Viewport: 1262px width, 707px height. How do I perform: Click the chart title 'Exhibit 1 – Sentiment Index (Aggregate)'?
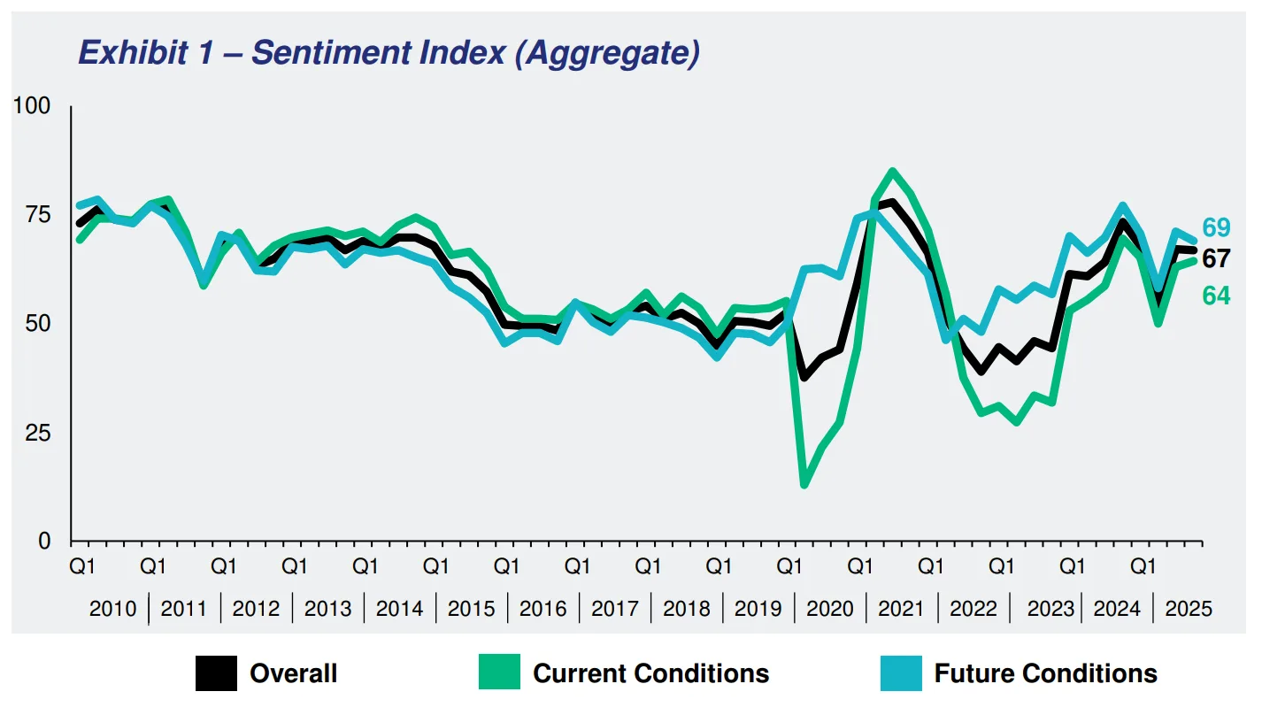pos(389,53)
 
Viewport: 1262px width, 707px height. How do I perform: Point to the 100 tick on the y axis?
pos(31,107)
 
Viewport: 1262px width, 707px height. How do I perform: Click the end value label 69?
pos(1216,227)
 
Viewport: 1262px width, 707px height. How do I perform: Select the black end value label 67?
pos(1216,258)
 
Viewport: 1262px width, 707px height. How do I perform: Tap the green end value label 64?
pos(1216,296)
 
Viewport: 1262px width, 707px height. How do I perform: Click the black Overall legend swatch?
pos(216,673)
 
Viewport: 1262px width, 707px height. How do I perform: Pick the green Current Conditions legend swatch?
pos(499,673)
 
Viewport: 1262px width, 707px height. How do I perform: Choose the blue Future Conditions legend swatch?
pos(901,673)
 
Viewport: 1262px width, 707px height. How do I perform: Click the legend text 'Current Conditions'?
pos(650,673)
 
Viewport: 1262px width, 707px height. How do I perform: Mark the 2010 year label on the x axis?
pos(113,609)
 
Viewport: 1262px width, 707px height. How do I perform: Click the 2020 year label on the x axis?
pos(829,609)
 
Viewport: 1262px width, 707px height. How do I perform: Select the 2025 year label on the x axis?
pos(1188,609)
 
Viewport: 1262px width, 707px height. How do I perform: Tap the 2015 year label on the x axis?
pos(471,609)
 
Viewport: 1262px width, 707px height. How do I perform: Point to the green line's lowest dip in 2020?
pos(804,484)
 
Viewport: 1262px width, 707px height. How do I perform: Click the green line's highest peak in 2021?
pos(892,171)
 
